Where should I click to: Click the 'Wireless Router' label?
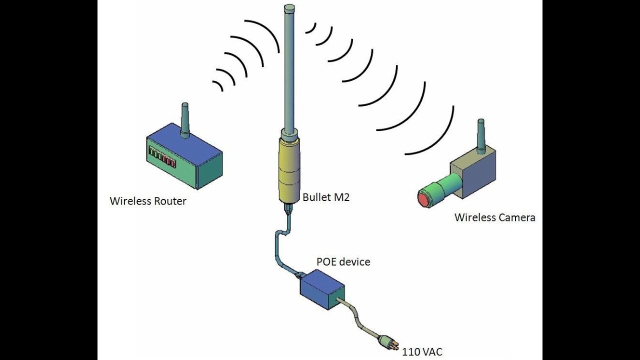click(x=148, y=201)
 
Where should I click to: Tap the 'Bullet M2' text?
click(x=326, y=197)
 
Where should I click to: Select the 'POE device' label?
click(x=343, y=261)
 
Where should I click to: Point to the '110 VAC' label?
click(x=422, y=351)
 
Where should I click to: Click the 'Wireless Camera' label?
click(x=495, y=217)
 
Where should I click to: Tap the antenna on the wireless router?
click(x=185, y=120)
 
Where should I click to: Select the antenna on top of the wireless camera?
click(x=481, y=136)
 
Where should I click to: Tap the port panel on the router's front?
click(x=162, y=156)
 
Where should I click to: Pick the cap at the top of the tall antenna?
click(x=289, y=8)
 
